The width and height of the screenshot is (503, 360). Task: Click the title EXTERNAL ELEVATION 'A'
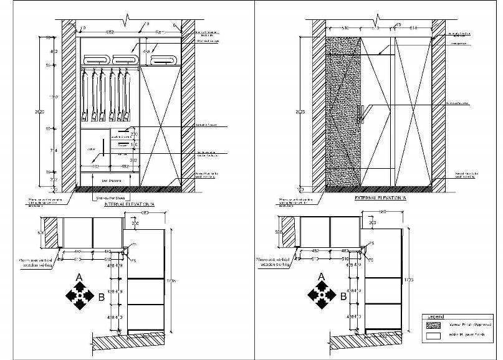click(x=380, y=197)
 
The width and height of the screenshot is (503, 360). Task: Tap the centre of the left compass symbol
click(x=79, y=295)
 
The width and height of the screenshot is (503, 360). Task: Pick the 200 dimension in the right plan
click(x=373, y=222)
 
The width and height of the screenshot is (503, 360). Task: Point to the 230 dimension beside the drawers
click(x=133, y=134)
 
